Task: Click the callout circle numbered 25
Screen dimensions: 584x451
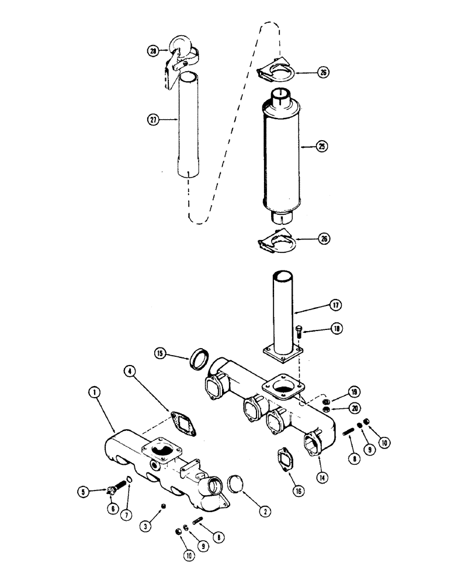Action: click(321, 148)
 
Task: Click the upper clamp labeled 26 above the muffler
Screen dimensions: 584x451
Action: click(277, 71)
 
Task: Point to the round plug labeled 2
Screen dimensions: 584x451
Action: click(235, 486)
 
